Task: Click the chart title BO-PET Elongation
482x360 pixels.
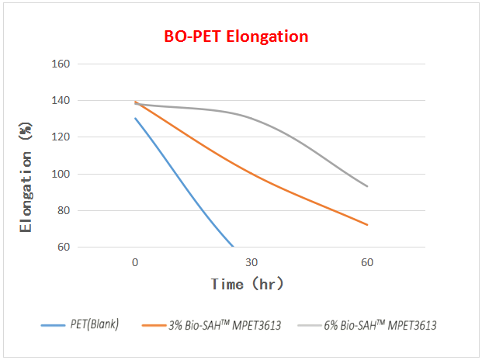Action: tap(236, 36)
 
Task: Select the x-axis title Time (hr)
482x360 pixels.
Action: tap(247, 284)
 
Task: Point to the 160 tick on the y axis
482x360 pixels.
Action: tap(61, 64)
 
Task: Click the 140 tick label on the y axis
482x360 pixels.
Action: tap(61, 101)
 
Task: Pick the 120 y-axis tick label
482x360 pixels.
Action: tap(61, 137)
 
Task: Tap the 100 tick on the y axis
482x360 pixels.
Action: tap(61, 174)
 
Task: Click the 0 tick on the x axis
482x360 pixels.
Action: tap(135, 262)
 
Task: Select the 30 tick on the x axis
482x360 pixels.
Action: tap(251, 262)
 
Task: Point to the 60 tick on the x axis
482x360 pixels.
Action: tap(367, 262)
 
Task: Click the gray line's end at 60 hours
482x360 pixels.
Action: tap(367, 186)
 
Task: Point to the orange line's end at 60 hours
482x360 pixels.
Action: tap(367, 225)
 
